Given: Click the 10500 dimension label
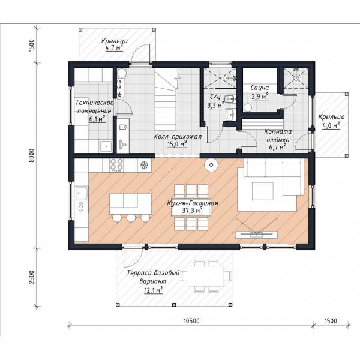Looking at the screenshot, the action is point(191,321).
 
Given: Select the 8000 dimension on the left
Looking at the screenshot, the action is point(31,155).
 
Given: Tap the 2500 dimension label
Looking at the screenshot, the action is point(31,277).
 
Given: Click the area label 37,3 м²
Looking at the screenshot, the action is point(192,211).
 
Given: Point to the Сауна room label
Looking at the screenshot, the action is point(259,88).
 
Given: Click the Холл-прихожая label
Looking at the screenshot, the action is point(178,137).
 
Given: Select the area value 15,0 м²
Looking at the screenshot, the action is point(177,145).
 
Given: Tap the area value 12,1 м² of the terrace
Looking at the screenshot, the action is point(154,290).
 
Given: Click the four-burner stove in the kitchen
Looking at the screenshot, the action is point(116,165).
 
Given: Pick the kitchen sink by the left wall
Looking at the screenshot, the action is point(81,193).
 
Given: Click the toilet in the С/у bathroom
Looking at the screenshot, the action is point(229,99).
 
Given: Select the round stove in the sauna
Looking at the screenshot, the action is point(248,107).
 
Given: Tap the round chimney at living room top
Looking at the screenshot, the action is point(211,165).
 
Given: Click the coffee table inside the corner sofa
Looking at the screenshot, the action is point(263,191).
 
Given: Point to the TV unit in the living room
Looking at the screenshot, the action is point(256,235).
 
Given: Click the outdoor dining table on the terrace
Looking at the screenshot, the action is point(206,276).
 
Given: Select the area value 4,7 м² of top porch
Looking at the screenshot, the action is point(114,48).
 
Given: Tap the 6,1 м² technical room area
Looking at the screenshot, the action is point(97,119).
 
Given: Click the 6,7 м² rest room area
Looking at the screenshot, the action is point(278,147).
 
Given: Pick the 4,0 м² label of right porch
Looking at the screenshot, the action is point(331,125).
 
